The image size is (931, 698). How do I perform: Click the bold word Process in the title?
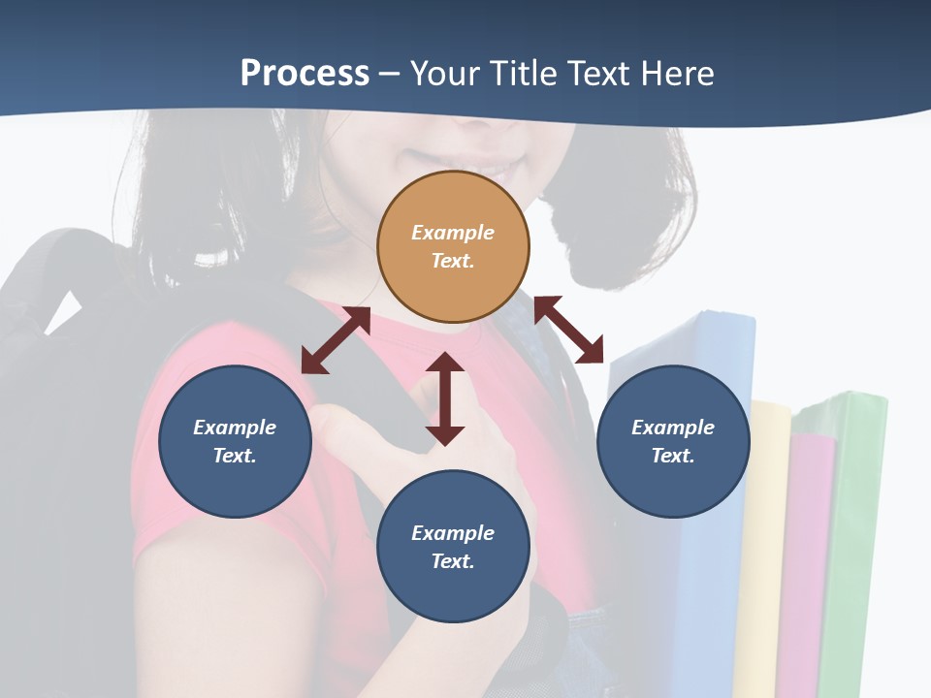pos(305,73)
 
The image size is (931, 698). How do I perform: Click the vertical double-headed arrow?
pos(445,398)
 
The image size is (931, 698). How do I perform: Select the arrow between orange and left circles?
pos(336,340)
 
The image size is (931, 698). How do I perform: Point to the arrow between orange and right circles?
pos(568,330)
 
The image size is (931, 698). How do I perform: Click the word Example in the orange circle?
pos(453,233)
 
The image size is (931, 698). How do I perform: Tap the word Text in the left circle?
pos(234,456)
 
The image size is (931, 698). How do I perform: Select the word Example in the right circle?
pos(673,428)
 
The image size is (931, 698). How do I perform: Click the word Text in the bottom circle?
pos(452,561)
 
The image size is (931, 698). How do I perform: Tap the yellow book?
pos(764,543)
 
